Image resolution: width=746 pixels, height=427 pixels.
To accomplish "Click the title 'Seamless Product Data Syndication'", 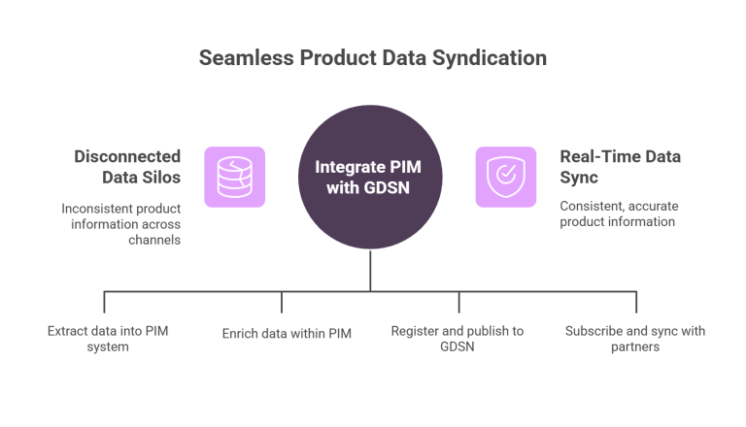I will tap(372, 58).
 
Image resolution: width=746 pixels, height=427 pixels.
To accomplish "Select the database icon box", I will tap(234, 178).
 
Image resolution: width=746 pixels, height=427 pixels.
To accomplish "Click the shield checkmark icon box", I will tap(505, 178).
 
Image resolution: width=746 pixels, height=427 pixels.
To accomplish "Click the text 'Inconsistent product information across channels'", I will tap(121, 222).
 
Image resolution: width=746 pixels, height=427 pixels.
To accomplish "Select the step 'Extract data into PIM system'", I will tap(107, 338).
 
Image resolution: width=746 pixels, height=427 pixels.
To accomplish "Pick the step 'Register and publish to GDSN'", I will tap(457, 338).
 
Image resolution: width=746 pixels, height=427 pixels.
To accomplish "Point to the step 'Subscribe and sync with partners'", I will tap(635, 338).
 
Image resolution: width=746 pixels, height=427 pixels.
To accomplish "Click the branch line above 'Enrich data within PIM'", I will tap(282, 301).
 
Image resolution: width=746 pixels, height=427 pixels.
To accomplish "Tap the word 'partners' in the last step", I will tap(635, 346).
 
